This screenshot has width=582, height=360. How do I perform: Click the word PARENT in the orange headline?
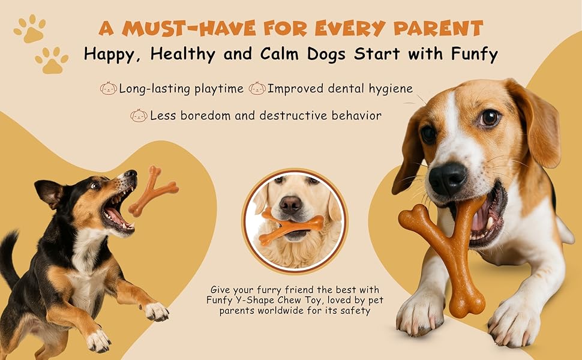click(x=438, y=28)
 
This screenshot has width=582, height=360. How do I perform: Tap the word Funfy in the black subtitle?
click(x=474, y=54)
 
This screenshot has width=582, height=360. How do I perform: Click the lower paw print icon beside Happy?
click(x=52, y=60)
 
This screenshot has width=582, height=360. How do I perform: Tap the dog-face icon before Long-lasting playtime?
click(x=109, y=88)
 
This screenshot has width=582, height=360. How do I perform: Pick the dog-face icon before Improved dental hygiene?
click(x=257, y=88)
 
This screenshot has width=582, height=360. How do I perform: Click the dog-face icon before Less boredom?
click(x=139, y=115)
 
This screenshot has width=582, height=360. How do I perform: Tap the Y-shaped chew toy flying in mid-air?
click(x=152, y=191)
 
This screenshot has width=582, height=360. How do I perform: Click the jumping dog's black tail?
click(x=9, y=256)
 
